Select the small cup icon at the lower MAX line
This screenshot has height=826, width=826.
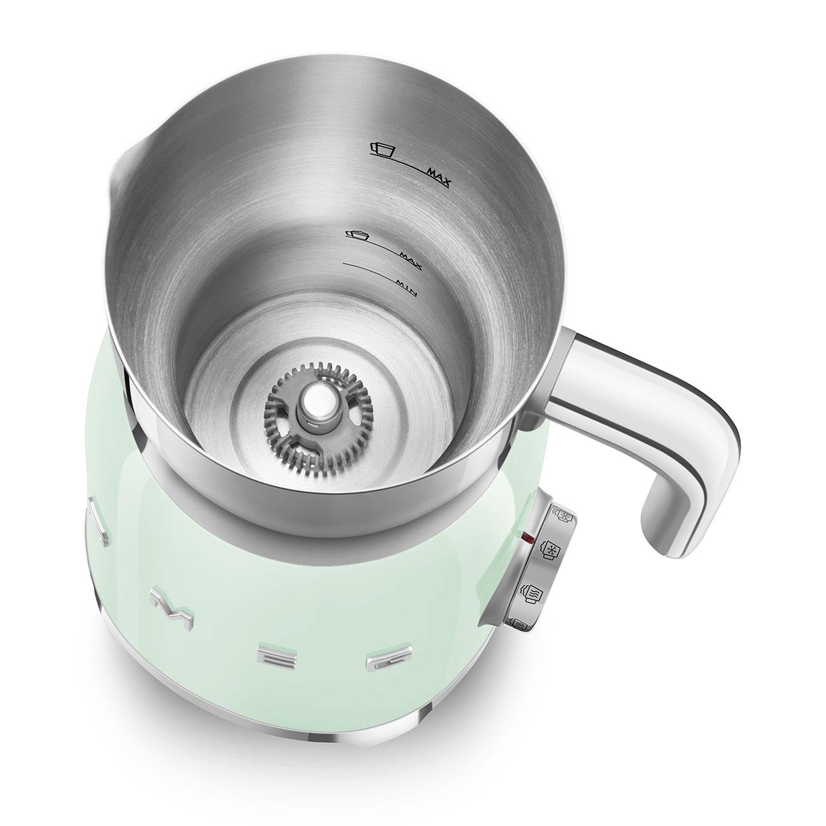click(x=356, y=235)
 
